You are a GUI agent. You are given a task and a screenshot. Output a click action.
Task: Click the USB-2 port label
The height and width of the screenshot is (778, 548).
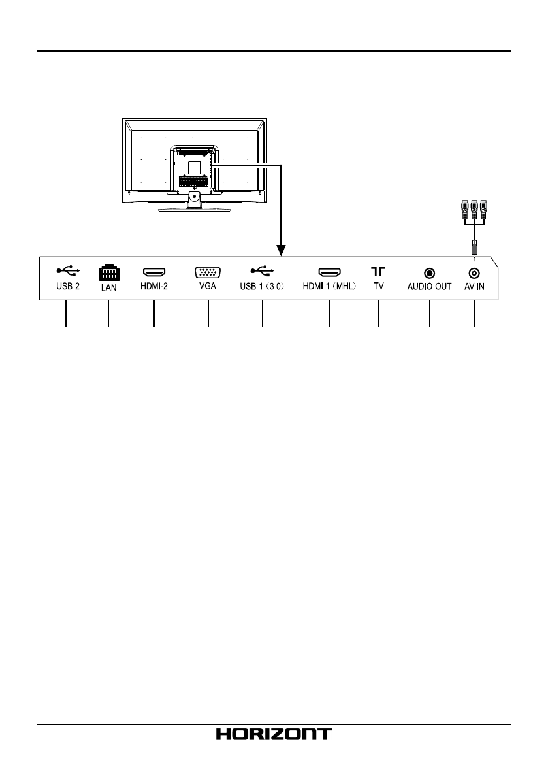66,286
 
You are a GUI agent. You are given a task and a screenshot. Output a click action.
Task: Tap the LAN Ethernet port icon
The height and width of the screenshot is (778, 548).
108,272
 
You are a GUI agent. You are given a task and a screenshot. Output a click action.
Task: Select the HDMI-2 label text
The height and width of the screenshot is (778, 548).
154,286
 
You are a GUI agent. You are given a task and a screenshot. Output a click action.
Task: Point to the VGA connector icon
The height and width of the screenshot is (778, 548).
208,272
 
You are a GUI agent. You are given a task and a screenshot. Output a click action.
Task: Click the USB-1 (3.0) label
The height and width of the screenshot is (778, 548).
262,286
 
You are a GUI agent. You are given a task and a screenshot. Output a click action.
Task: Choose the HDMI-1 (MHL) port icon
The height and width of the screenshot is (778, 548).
330,271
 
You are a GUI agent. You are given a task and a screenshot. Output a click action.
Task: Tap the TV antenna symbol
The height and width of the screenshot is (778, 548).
378,271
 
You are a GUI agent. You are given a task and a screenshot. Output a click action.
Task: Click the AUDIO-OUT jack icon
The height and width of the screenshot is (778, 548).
429,272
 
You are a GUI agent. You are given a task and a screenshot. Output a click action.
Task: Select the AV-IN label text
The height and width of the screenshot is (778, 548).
474,286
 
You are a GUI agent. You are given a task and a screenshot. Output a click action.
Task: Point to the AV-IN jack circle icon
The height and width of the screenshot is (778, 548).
474,272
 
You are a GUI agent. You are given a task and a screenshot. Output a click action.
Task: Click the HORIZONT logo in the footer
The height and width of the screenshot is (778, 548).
274,734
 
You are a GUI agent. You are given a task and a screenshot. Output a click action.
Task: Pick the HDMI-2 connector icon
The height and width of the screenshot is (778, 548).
154,271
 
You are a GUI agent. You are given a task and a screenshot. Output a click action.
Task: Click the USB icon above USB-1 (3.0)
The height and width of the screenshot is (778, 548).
262,270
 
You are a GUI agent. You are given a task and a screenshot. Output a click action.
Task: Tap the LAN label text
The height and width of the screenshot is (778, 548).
108,287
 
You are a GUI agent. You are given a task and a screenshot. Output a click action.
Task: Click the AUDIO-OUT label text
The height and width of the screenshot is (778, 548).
429,286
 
